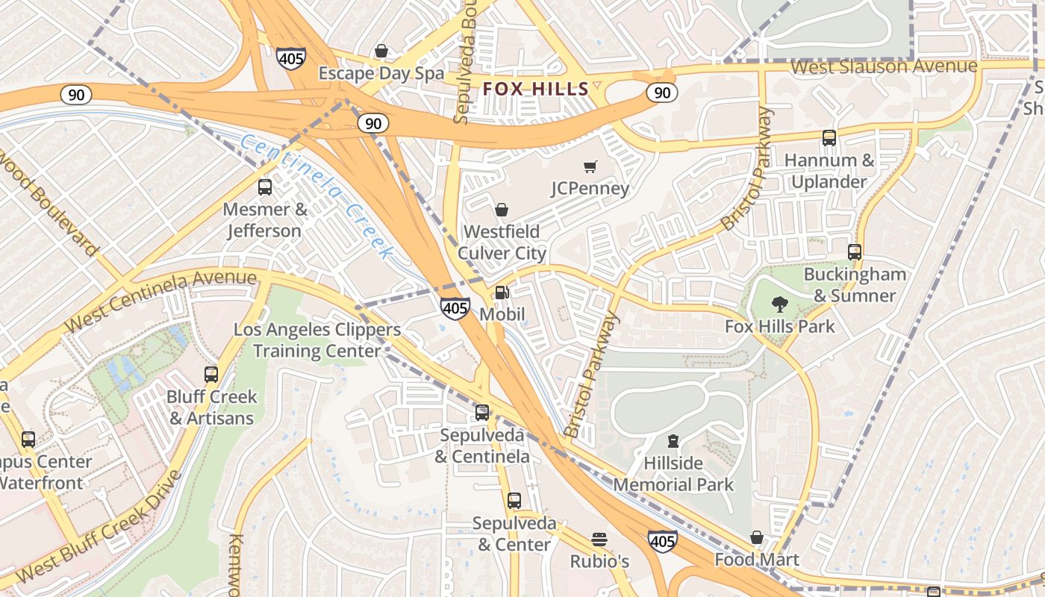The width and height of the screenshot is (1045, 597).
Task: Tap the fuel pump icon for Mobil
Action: [x=502, y=293]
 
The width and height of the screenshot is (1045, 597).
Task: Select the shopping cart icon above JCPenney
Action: [x=590, y=166]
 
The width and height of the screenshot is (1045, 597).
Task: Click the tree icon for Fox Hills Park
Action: [x=780, y=304]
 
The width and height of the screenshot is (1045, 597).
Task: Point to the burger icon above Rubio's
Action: [x=599, y=540]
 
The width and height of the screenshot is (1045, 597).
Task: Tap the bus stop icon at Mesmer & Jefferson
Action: [x=265, y=187]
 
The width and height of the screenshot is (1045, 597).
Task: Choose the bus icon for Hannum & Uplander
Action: [x=829, y=138]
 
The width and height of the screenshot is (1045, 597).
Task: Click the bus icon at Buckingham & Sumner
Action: [x=855, y=252]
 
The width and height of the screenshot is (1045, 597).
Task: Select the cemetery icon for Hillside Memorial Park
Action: [x=673, y=441]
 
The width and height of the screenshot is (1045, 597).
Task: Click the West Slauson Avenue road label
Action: [x=883, y=67]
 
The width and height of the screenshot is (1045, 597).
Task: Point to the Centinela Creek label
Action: [x=317, y=196]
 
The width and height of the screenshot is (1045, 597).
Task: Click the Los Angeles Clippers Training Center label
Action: [x=317, y=340]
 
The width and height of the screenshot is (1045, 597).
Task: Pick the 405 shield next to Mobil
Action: [x=455, y=307]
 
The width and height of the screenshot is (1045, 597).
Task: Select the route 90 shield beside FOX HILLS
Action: [x=661, y=93]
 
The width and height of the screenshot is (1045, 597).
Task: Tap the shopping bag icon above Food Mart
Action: [x=757, y=538]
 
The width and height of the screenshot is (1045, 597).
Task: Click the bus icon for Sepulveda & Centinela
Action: [x=482, y=413]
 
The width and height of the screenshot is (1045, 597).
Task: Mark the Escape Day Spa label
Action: [x=381, y=73]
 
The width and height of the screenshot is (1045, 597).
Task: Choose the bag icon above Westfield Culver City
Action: [x=502, y=210]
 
